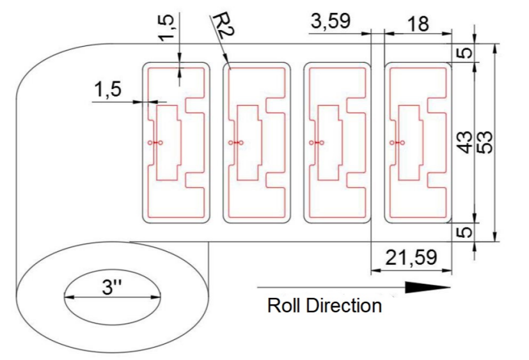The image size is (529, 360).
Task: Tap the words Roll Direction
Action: pyautogui.click(x=324, y=305)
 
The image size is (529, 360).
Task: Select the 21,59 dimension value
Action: pyautogui.click(x=412, y=258)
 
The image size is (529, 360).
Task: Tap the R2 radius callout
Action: pyautogui.click(x=220, y=27)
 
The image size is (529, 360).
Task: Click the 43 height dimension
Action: pyautogui.click(x=466, y=142)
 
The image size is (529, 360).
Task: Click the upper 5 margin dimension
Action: pyautogui.click(x=467, y=53)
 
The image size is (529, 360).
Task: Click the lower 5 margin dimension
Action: pyautogui.click(x=467, y=231)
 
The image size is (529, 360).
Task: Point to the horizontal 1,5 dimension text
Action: pyautogui.click(x=107, y=90)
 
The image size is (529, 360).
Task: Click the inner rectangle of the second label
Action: pyautogui.click(x=248, y=142)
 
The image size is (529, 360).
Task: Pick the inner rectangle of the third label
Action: pyautogui.click(x=329, y=142)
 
